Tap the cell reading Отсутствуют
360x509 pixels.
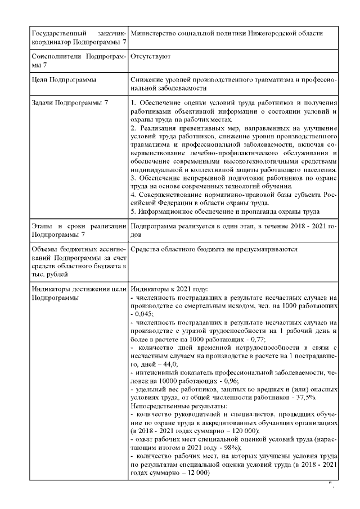coord(150,57)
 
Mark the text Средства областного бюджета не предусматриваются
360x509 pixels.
coord(213,249)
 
